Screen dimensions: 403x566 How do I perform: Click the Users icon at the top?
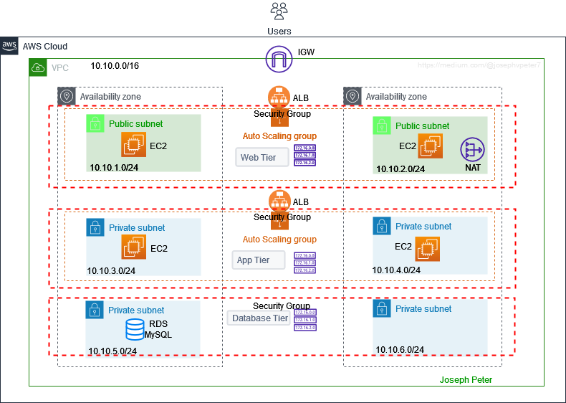click(x=279, y=12)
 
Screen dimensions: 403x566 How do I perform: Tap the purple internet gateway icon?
click(x=279, y=58)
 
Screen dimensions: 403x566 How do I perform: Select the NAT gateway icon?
click(x=472, y=150)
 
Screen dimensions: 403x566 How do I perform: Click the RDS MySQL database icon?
click(x=134, y=329)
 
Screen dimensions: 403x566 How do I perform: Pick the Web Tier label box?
click(x=262, y=156)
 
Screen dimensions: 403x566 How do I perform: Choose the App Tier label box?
click(x=259, y=260)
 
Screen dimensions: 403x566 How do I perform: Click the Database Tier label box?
click(x=259, y=318)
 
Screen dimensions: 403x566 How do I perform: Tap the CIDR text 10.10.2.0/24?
click(x=400, y=169)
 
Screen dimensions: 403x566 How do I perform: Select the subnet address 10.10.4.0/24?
click(x=396, y=270)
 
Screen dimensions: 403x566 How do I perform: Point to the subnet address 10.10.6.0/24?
click(x=400, y=349)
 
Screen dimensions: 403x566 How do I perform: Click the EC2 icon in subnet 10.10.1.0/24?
click(x=133, y=146)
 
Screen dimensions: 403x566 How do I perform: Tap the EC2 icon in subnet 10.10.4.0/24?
click(x=428, y=249)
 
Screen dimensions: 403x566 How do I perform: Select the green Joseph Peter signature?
click(x=466, y=379)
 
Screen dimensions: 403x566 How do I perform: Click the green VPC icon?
click(x=37, y=68)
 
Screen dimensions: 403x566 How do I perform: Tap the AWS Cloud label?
click(x=45, y=47)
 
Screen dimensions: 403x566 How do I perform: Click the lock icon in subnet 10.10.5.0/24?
click(x=94, y=310)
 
